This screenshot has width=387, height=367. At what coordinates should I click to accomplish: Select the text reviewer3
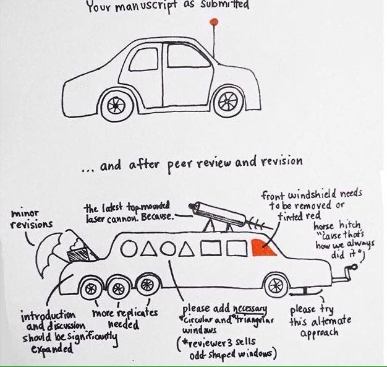(205, 343)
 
